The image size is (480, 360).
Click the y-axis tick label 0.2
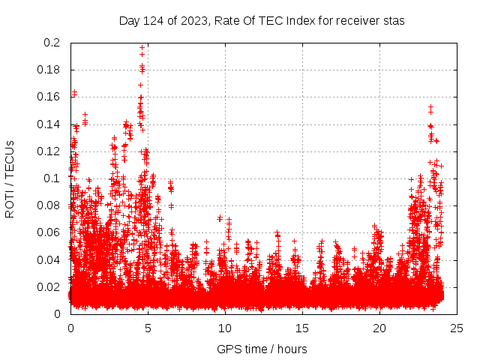click(x=52, y=43)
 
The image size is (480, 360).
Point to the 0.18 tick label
click(x=49, y=70)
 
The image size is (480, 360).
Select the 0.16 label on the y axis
click(x=49, y=97)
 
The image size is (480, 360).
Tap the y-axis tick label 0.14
click(x=49, y=124)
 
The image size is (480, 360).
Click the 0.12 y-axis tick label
click(x=49, y=151)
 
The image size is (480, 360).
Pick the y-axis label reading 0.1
click(x=52, y=178)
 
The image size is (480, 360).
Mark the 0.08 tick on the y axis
click(x=49, y=205)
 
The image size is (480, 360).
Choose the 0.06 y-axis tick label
click(x=49, y=232)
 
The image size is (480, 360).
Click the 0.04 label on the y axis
click(x=49, y=259)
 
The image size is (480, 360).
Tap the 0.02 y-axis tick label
click(x=49, y=286)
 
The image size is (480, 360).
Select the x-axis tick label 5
click(x=148, y=328)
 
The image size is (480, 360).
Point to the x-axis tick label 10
click(x=225, y=328)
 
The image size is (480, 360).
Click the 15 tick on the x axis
click(x=302, y=328)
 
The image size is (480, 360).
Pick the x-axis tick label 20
click(x=379, y=328)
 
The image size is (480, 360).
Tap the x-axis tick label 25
click(x=457, y=328)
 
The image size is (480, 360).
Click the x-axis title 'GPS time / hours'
click(x=262, y=349)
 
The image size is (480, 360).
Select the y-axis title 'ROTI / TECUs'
click(x=10, y=178)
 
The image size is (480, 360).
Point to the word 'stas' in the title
click(x=393, y=20)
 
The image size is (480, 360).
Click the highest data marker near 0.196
click(x=142, y=48)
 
